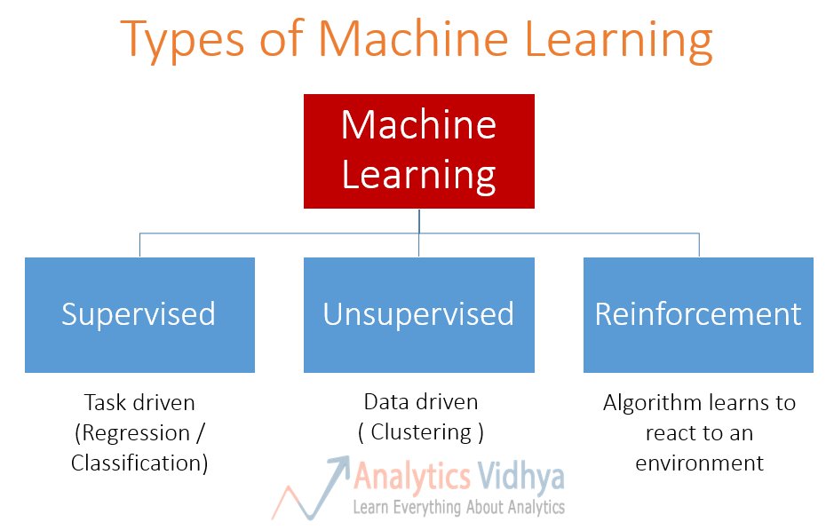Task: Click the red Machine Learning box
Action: [x=418, y=151]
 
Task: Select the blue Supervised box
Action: [x=139, y=314]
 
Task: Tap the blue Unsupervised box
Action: [x=418, y=314]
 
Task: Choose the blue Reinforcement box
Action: [x=698, y=314]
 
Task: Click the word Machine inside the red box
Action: [x=418, y=124]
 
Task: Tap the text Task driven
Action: [x=139, y=402]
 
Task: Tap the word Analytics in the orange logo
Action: [x=412, y=477]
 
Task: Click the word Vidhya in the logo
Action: [x=520, y=477]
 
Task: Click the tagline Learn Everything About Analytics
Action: [x=458, y=507]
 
